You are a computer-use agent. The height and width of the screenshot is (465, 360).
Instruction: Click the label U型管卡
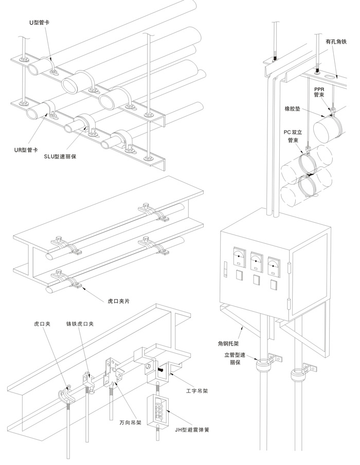[x=39, y=23]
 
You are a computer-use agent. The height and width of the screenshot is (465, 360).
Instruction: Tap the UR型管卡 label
[x=26, y=150]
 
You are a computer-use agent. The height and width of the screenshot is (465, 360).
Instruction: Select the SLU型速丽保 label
[x=60, y=156]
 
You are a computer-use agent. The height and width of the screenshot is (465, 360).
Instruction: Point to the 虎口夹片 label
[x=119, y=301]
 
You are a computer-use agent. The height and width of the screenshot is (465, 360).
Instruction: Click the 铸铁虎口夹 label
[x=80, y=324]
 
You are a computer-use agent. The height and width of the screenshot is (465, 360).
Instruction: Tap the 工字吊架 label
[x=197, y=391]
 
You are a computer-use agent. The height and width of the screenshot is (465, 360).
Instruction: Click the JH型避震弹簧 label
[x=192, y=430]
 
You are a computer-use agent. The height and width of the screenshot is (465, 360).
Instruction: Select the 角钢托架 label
[x=228, y=344]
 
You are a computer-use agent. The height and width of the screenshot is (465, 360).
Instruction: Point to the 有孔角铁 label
[x=336, y=42]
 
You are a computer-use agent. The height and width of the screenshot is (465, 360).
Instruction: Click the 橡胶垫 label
[x=293, y=109]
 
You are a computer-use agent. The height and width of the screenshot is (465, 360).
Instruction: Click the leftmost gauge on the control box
[x=240, y=257]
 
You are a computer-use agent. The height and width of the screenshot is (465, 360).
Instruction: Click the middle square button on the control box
[x=256, y=280]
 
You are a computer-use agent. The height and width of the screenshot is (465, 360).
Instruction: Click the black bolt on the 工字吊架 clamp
[x=160, y=370]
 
